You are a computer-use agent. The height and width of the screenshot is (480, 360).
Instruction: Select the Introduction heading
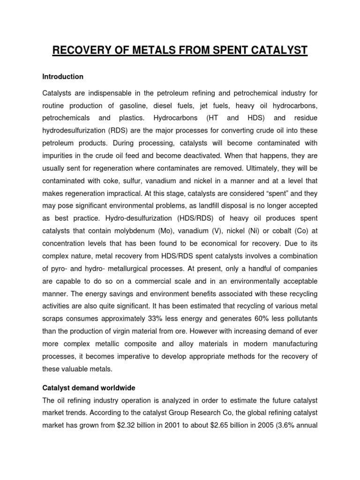(x=62, y=76)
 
